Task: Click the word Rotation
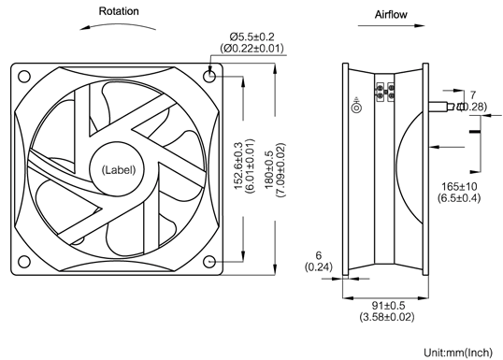(119, 11)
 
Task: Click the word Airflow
(391, 14)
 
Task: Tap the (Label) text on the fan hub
(119, 170)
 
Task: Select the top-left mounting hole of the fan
(23, 77)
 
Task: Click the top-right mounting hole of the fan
(209, 76)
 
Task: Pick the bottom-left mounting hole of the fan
(23, 262)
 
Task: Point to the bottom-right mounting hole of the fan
(209, 262)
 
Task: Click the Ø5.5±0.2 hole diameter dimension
(251, 36)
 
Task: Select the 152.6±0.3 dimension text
(238, 166)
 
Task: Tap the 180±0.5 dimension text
(269, 170)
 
